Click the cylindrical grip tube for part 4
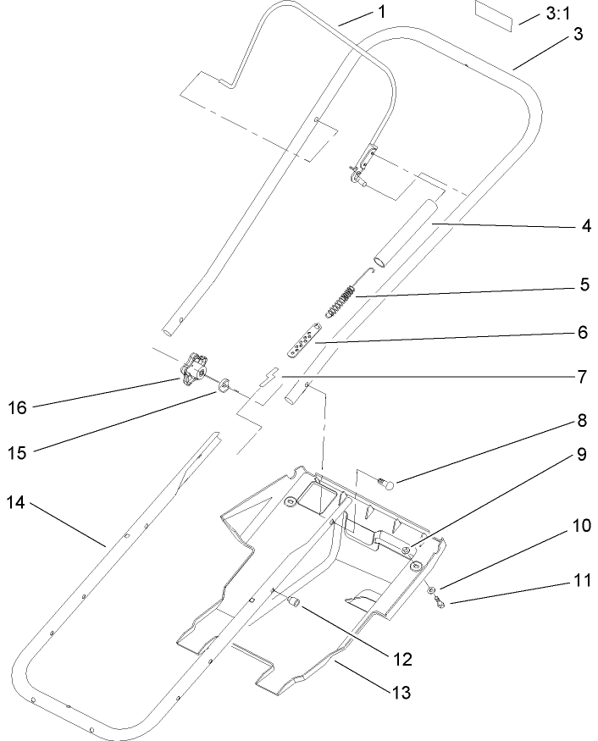click(x=404, y=232)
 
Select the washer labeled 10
click(x=432, y=589)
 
